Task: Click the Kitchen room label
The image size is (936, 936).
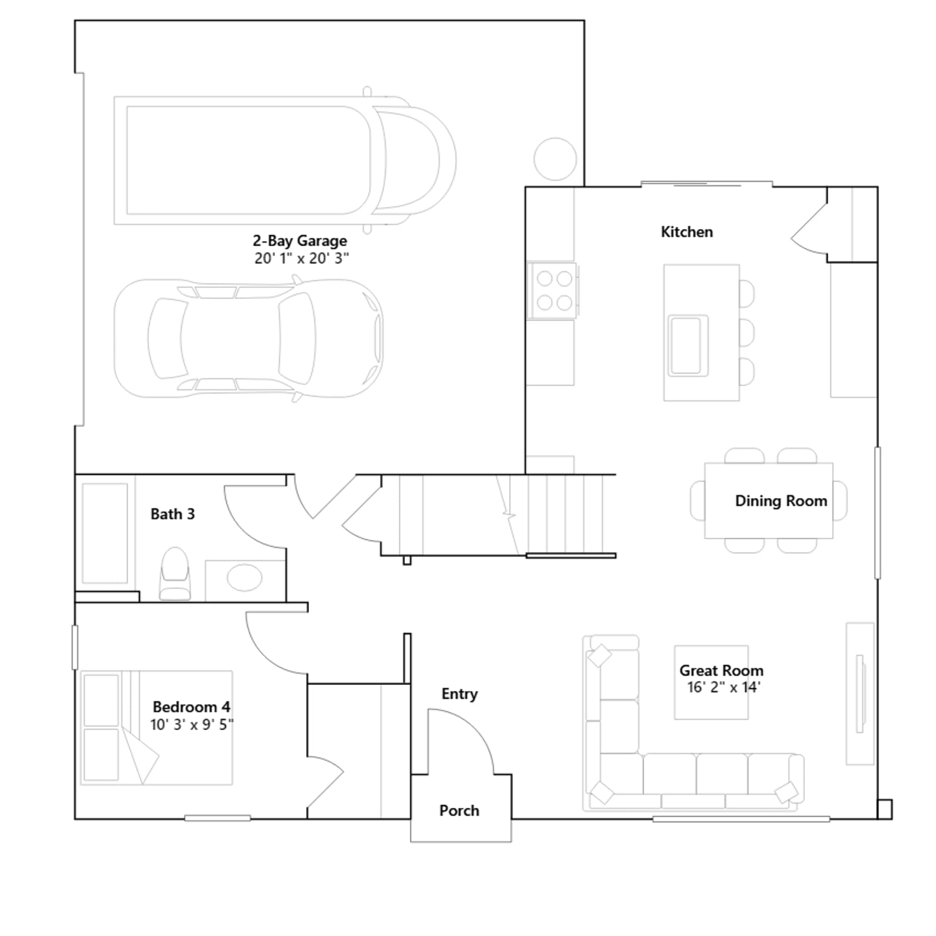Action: [x=687, y=232]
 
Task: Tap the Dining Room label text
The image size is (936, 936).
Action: [x=781, y=501]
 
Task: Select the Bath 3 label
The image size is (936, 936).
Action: [x=173, y=514]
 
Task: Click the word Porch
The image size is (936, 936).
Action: [x=459, y=811]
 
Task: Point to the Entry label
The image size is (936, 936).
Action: [x=460, y=694]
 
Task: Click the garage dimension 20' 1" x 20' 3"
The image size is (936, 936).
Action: [x=302, y=259]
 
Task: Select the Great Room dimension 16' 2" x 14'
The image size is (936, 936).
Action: [x=723, y=687]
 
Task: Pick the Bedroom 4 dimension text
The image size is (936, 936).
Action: [x=192, y=725]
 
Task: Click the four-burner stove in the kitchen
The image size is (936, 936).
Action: [x=553, y=290]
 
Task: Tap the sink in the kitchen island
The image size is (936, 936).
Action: [x=689, y=345]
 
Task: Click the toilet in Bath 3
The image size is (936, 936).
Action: [x=175, y=573]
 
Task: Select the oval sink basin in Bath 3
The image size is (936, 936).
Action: [x=245, y=578]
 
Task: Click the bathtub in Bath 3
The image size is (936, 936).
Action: [x=105, y=533]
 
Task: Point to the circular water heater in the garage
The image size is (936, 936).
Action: [x=555, y=159]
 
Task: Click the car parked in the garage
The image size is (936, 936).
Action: [x=249, y=339]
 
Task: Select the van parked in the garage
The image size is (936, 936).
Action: [x=285, y=160]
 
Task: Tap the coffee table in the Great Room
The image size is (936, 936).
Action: [x=711, y=682]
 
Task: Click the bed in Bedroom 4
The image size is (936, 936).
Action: [x=157, y=728]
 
